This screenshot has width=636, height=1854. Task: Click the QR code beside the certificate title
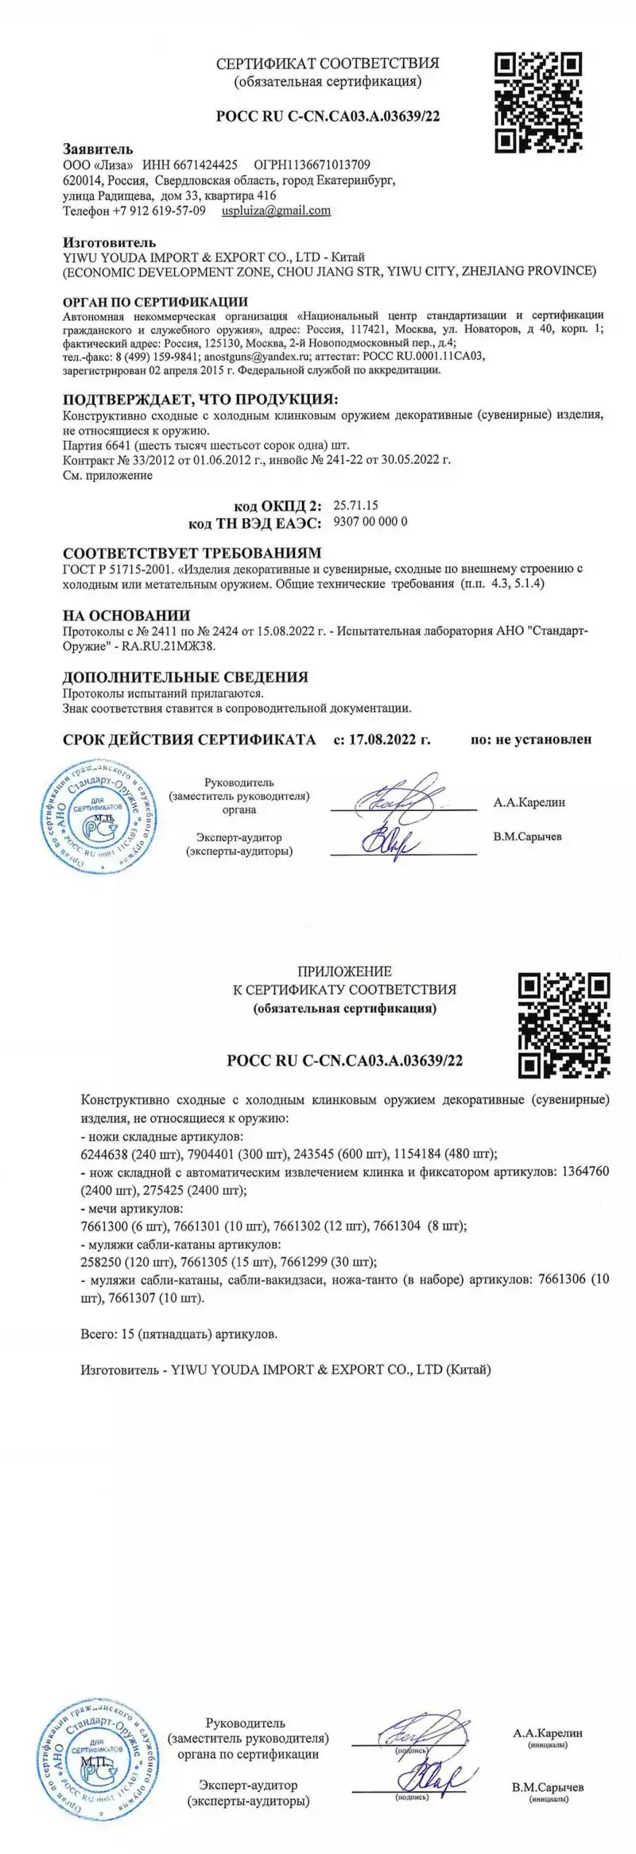tap(539, 102)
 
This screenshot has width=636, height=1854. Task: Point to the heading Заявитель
tap(98, 149)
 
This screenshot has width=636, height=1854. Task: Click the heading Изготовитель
tap(110, 242)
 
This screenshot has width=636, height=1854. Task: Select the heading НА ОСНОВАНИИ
tap(126, 616)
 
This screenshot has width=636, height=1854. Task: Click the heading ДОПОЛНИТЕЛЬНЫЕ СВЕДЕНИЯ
tap(185, 678)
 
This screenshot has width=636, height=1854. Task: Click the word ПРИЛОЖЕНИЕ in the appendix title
tap(344, 971)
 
